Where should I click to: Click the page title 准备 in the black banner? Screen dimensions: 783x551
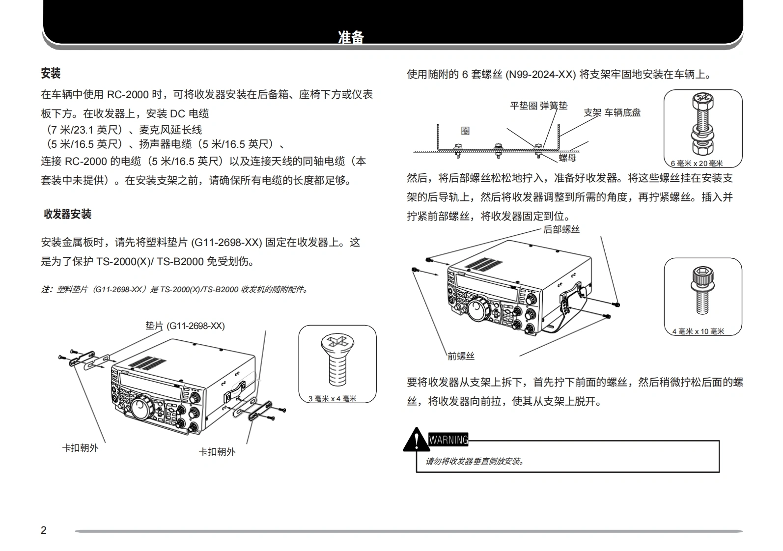click(351, 37)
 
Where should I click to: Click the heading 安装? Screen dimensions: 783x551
click(51, 74)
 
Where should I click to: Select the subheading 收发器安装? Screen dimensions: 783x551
click(68, 214)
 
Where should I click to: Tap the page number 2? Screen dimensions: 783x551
click(44, 530)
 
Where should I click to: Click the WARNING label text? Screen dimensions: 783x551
click(448, 440)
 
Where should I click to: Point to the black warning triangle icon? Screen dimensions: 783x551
click(416, 440)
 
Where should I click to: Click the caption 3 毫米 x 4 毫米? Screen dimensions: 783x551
click(332, 399)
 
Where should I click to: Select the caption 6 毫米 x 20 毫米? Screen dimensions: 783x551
click(697, 164)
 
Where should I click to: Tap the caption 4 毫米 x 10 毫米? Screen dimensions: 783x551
click(698, 331)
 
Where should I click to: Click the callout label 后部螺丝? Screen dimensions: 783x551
click(561, 229)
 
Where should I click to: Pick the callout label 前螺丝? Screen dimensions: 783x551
click(461, 356)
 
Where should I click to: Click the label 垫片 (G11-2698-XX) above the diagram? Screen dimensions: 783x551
click(185, 326)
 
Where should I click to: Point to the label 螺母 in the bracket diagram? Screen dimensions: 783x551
click(567, 158)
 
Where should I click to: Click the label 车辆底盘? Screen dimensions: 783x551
click(622, 112)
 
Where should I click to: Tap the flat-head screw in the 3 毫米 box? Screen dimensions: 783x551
click(337, 361)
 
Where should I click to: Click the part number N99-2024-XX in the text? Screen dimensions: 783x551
click(540, 75)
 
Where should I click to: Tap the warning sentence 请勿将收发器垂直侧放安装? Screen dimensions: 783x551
click(475, 461)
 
